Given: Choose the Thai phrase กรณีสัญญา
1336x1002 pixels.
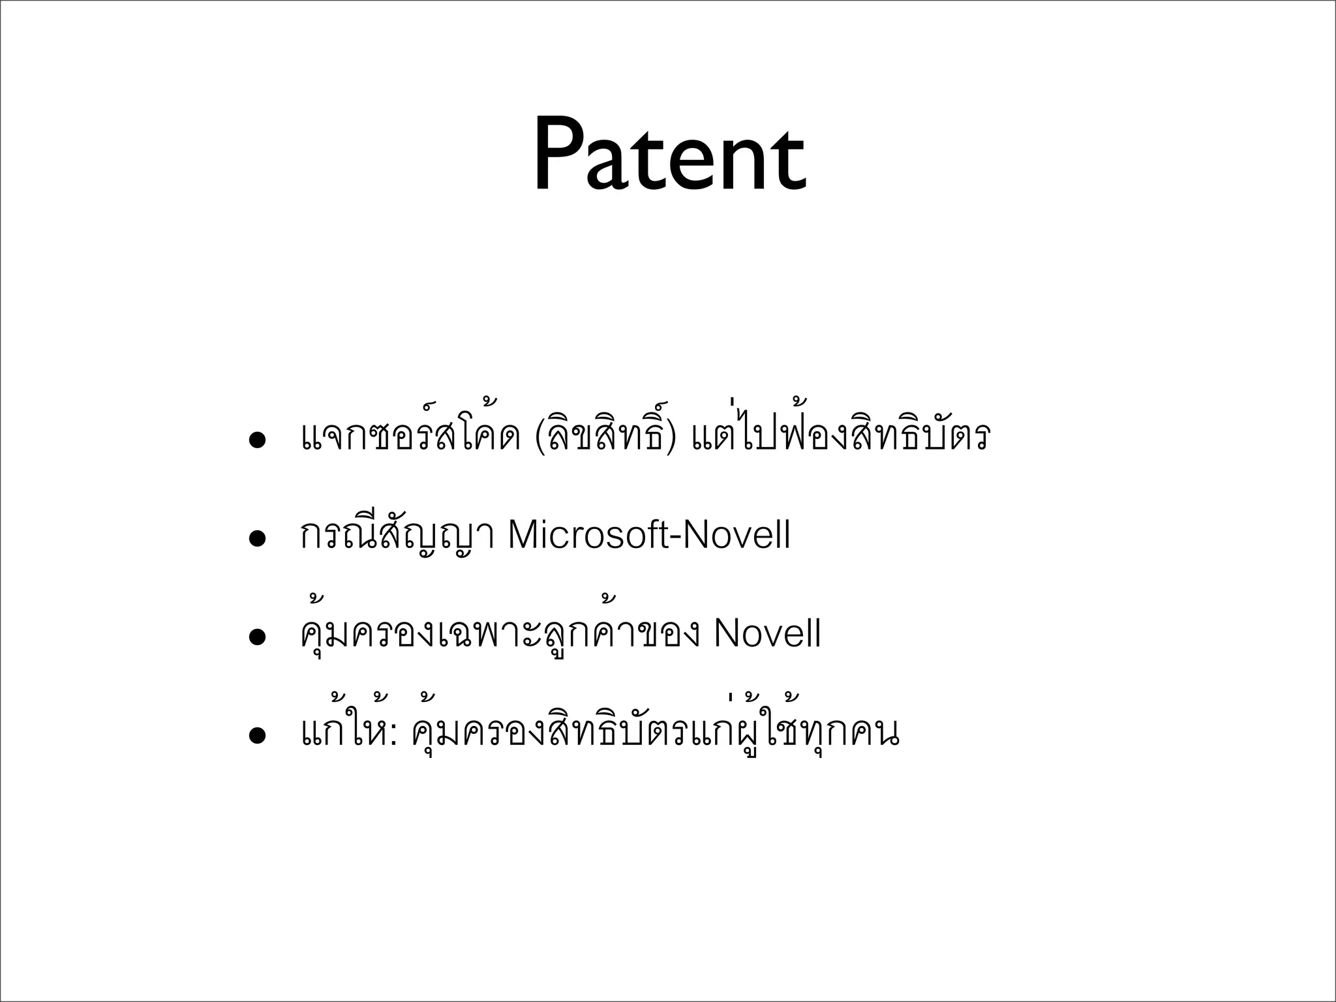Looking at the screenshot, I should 397,536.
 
